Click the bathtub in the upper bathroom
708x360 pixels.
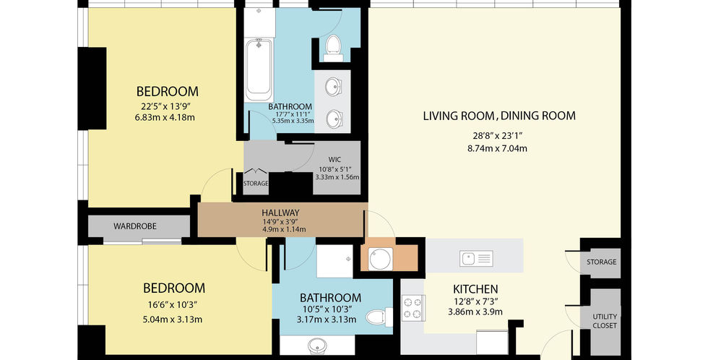coord(259,70)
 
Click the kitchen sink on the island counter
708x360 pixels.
coord(476,259)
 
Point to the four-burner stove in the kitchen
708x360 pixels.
coord(413,308)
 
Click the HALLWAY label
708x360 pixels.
coord(280,213)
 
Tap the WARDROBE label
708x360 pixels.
coord(135,226)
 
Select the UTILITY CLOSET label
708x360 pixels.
coord(605,321)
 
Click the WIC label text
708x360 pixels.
coord(334,160)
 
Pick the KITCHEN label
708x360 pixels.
coord(475,289)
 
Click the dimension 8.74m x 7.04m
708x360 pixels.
coord(497,148)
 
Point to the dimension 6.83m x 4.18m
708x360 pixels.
coord(165,118)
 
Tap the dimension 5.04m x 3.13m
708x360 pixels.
coord(172,320)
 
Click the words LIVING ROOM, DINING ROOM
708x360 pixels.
coord(499,116)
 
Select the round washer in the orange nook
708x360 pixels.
coord(380,260)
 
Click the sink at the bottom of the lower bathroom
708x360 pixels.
coord(319,346)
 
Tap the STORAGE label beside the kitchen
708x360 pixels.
coord(601,262)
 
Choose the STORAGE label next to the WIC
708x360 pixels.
coord(256,184)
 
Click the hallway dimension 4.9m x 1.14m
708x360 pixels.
coord(284,229)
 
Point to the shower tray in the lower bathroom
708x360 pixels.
coord(334,262)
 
